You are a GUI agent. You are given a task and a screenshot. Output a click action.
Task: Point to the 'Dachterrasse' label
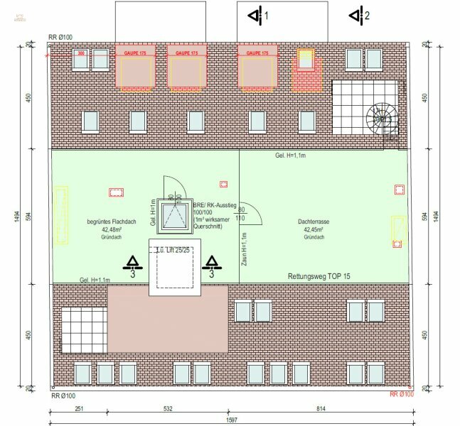(313, 222)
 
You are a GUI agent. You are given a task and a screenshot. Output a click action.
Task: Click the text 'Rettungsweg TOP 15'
(319, 275)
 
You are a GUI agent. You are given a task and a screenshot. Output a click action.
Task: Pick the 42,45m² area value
(313, 230)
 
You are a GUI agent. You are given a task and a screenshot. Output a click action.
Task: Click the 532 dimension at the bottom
(167, 409)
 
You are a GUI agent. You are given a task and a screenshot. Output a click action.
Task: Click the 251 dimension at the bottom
(78, 409)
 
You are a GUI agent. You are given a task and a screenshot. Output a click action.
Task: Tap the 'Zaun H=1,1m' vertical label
(244, 248)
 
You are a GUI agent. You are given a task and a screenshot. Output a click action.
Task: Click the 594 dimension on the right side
(424, 216)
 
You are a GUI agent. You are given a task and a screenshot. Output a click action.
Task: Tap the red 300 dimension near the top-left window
(81, 53)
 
